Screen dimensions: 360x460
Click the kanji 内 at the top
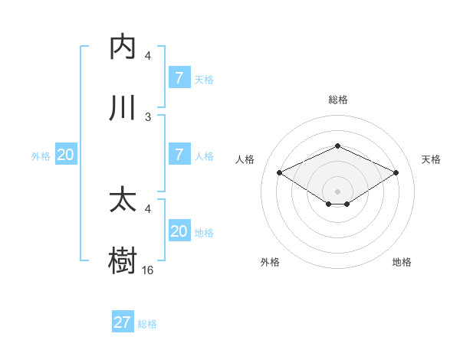point(123,47)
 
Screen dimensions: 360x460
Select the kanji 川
point(123,108)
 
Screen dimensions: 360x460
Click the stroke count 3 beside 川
point(148,117)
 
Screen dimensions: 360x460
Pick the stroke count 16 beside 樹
point(148,270)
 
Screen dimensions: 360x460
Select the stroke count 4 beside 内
point(148,56)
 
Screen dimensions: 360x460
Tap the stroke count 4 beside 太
point(148,208)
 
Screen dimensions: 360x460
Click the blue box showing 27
point(123,322)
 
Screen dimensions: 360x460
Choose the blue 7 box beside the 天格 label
point(179,78)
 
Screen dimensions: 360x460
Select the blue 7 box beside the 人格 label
point(179,154)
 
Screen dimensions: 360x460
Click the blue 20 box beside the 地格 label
point(179,231)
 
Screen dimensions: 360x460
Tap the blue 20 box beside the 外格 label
point(66,155)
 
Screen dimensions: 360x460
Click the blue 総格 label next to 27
point(147,324)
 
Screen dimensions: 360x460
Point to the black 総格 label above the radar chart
point(337,100)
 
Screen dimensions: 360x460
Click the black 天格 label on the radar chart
point(432,159)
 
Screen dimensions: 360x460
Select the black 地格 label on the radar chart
point(402,262)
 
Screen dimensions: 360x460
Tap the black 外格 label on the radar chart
point(270,262)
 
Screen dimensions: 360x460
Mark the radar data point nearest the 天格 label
point(396,173)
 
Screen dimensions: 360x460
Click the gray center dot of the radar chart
point(337,191)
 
